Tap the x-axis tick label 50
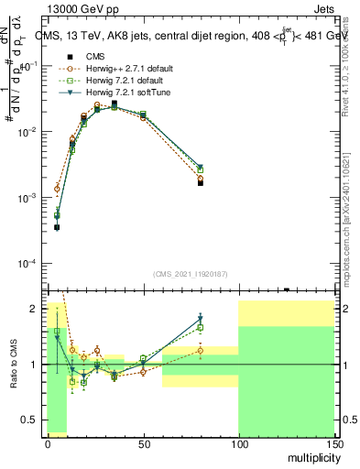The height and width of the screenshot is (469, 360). pyautogui.click(x=142, y=443)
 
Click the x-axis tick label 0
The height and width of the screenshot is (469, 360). pyautogui.click(x=48, y=443)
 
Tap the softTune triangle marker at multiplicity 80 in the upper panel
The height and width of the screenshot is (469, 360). pyautogui.click(x=200, y=168)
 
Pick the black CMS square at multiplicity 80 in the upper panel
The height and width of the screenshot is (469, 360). pyautogui.click(x=200, y=182)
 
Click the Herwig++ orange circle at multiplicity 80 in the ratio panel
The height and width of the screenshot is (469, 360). pyautogui.click(x=200, y=350)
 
